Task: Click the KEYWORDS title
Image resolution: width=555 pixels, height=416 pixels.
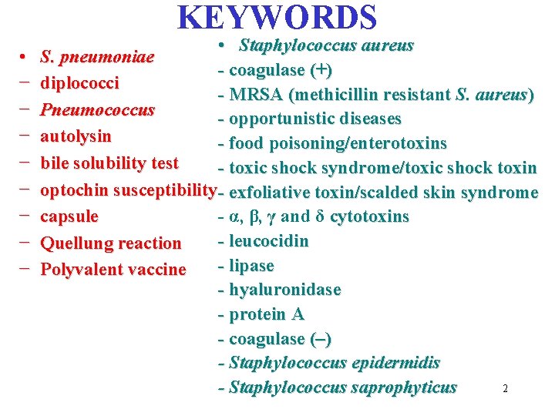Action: tap(277, 18)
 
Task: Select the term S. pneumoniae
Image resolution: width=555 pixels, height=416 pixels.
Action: tap(97, 57)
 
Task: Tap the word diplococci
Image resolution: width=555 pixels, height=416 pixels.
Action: tap(79, 82)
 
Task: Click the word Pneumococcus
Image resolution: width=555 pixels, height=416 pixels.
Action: tap(97, 109)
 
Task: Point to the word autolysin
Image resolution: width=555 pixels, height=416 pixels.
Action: tap(76, 136)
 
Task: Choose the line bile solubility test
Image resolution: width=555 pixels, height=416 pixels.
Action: tap(109, 163)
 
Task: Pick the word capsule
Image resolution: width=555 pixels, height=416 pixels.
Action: tap(69, 216)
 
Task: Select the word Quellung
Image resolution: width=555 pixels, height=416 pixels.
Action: tap(75, 243)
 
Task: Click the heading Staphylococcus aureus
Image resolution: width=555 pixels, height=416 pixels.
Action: tap(326, 45)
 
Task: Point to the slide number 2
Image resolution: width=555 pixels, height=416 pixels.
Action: tap(505, 389)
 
